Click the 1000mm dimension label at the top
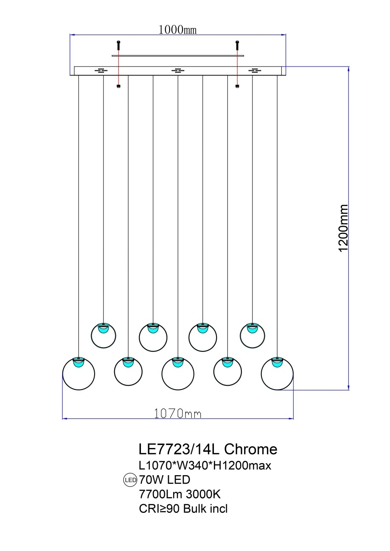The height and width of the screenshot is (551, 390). coord(177,30)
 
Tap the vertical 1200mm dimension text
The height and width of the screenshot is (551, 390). coord(343,228)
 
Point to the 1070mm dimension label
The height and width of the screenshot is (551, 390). coord(177,413)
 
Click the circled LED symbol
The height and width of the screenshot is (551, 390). coord(129,480)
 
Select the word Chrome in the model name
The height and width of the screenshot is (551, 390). coord(250,449)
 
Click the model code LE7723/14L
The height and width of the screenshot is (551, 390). coord(180,449)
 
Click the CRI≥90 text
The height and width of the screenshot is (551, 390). coord(160,509)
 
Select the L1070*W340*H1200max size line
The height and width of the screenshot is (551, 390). coord(205,465)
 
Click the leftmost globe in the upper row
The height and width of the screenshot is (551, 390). coord(104,336)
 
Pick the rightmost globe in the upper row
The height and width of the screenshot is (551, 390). coord(253,336)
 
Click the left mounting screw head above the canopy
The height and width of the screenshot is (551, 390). coord(118,43)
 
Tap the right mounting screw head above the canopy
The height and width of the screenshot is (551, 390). coord(237,43)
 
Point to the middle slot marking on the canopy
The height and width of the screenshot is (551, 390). coord(178,70)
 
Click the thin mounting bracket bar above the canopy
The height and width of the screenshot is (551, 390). coord(178,56)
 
